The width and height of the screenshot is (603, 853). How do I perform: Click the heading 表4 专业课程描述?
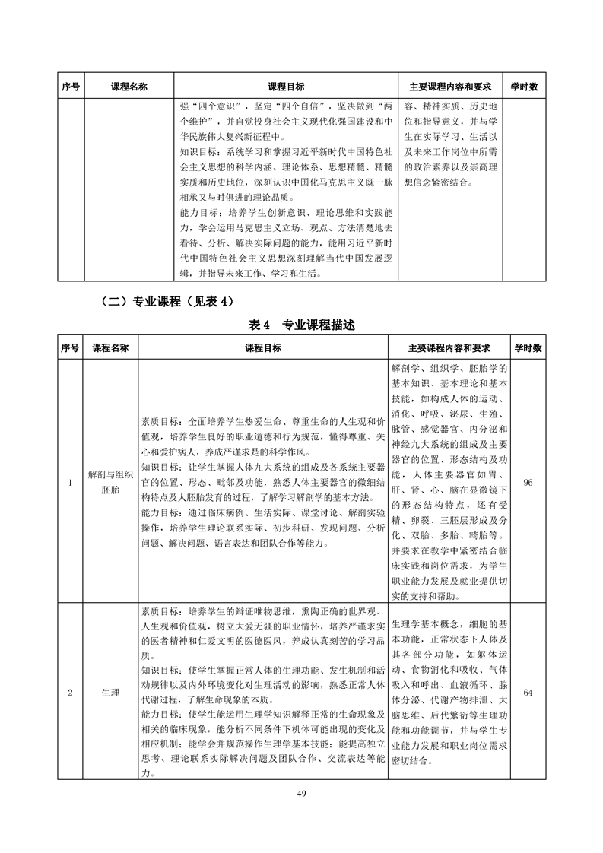[302, 325]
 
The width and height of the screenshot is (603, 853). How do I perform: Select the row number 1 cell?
[71, 482]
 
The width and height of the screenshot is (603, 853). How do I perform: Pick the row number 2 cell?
[71, 693]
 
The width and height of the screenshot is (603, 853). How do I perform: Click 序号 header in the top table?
[71, 87]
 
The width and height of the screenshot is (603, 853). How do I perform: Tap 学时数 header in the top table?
[524, 87]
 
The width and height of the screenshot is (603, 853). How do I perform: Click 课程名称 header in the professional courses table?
[110, 348]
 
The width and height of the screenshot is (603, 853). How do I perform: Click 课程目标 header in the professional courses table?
[263, 348]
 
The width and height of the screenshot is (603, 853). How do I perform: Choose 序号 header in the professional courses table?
[71, 348]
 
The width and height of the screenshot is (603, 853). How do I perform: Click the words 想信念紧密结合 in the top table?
[436, 183]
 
